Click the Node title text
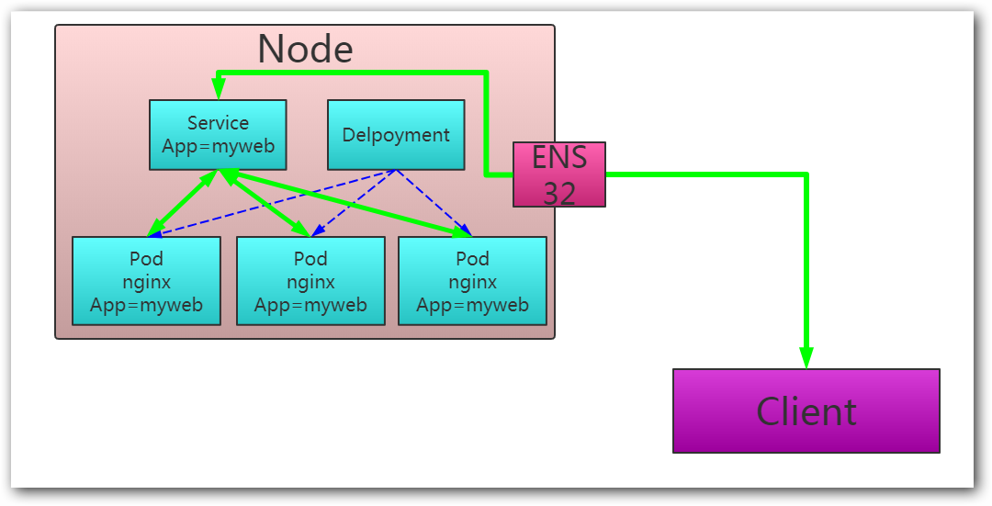tap(305, 49)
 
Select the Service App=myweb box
tap(218, 135)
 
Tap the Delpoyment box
tap(396, 135)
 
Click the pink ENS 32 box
tap(558, 174)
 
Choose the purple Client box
tap(806, 410)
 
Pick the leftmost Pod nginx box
tap(146, 281)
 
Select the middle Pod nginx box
tap(310, 281)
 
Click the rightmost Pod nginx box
tap(472, 281)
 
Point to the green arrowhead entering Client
tap(806, 357)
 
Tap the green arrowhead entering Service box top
tap(218, 88)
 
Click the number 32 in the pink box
tap(558, 192)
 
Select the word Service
tap(218, 123)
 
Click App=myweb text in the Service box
tap(218, 146)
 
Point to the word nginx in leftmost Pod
tap(146, 282)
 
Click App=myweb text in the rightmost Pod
tap(472, 305)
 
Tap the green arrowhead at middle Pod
tap(301, 230)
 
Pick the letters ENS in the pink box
tap(558, 158)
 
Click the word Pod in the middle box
tap(310, 259)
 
